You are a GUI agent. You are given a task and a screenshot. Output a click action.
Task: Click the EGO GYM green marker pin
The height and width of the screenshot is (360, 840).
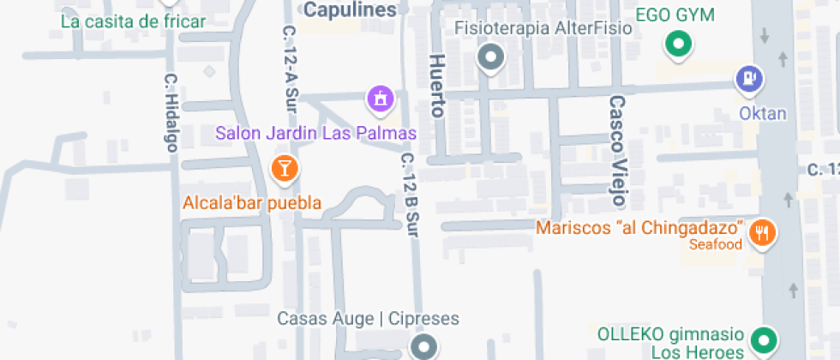click(680, 44)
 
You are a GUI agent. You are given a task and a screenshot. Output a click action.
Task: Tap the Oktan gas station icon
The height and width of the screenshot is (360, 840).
click(749, 80)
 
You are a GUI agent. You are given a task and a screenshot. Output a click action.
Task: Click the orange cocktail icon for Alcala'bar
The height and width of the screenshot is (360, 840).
click(285, 168)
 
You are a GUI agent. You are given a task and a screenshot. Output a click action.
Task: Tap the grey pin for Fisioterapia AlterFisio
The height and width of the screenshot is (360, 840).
click(490, 58)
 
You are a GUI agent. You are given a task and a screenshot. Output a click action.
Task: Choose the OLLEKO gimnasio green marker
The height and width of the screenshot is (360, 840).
click(761, 340)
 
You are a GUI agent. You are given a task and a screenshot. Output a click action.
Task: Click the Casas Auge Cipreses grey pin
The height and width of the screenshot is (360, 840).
click(423, 347)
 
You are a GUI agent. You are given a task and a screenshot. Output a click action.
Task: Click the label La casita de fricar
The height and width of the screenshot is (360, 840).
click(134, 21)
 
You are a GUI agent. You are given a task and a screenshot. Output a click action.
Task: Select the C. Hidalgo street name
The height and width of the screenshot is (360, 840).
click(171, 112)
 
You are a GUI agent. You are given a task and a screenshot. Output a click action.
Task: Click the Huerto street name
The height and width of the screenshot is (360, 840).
click(438, 86)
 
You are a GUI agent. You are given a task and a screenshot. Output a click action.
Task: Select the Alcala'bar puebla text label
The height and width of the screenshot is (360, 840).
click(252, 203)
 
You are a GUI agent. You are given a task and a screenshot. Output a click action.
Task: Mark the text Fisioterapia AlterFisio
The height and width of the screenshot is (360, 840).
click(543, 28)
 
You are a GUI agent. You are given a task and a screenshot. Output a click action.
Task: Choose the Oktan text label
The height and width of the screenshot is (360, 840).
click(763, 113)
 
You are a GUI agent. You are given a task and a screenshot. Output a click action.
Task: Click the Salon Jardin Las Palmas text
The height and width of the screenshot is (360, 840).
click(315, 134)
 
